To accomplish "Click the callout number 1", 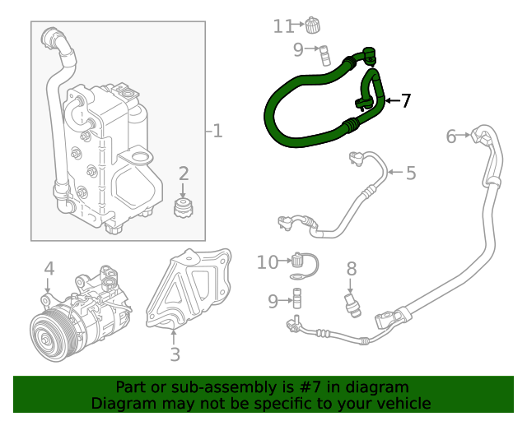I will coord(217,131).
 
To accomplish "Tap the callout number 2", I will coord(184,173).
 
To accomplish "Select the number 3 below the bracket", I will coord(175,354).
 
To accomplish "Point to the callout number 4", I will coord(49,268).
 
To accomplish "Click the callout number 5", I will coord(410,173).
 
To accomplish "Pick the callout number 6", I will coord(451,136).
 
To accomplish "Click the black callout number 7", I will coord(405,101).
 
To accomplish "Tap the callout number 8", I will coord(351,268).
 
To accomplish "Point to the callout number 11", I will coord(282,26).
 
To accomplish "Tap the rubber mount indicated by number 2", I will coord(184,207).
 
